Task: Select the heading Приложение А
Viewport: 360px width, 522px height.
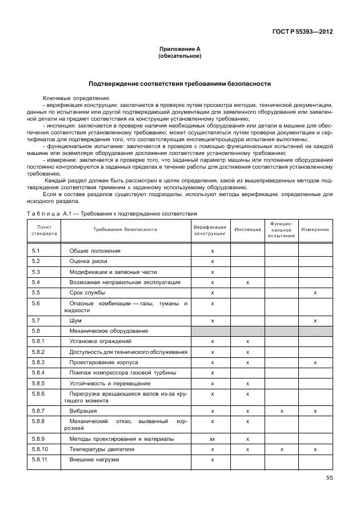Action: (x=179, y=50)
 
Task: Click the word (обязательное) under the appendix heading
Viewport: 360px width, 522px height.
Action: (x=179, y=56)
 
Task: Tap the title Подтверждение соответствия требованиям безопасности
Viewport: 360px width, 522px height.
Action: (x=179, y=83)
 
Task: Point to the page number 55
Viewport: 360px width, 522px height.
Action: (x=329, y=477)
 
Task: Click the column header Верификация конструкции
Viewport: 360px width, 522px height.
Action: (x=210, y=230)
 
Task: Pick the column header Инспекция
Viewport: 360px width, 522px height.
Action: (x=247, y=230)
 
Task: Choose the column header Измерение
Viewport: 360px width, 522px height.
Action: (x=315, y=230)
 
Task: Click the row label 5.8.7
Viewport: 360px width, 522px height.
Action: (x=39, y=411)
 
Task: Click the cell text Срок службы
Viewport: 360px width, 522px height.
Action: (x=89, y=293)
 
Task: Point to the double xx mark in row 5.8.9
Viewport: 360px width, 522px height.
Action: (x=212, y=439)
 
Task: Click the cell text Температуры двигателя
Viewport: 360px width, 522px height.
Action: (x=102, y=449)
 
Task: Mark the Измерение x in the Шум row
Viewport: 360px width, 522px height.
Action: (x=315, y=321)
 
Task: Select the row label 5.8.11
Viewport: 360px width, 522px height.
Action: (x=40, y=460)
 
